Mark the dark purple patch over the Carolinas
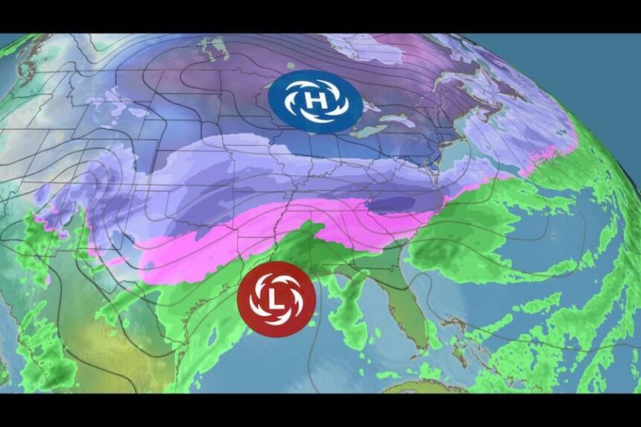(x=402, y=205)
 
